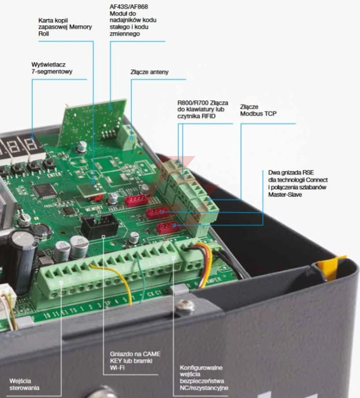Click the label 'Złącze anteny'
click(x=149, y=72)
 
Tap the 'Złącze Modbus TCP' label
click(x=258, y=110)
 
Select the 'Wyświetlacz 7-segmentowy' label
click(x=52, y=68)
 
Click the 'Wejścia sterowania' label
click(x=24, y=384)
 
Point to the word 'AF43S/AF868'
click(x=129, y=7)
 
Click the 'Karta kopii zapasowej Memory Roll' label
click(x=65, y=27)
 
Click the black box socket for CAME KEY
click(x=100, y=226)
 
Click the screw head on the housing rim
click(x=185, y=305)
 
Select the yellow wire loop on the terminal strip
click(x=114, y=279)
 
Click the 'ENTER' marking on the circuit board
click(x=54, y=175)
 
